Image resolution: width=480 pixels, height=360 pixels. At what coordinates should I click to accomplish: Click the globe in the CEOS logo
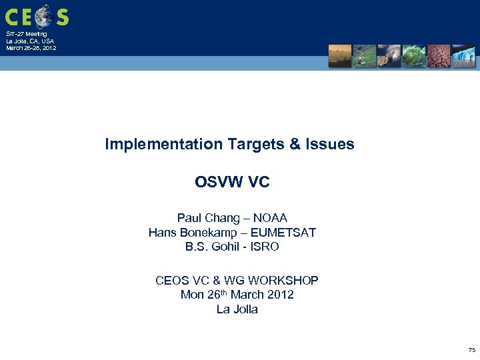tap(44, 16)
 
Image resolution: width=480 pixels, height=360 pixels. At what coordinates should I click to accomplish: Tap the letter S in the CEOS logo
tap(61, 17)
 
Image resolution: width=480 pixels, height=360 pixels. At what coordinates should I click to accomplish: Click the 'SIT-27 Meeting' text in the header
tap(27, 34)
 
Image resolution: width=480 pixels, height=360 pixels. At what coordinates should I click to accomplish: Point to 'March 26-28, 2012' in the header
tap(31, 48)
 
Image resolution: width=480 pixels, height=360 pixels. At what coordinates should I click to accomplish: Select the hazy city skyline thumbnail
tap(339, 56)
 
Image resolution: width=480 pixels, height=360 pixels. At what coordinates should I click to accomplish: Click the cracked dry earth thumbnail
tap(439, 56)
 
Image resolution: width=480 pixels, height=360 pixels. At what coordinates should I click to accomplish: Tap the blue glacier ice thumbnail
tap(463, 56)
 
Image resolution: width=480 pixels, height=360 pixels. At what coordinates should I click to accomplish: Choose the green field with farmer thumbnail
tap(364, 56)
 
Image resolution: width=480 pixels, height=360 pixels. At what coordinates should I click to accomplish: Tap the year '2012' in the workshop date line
tap(279, 295)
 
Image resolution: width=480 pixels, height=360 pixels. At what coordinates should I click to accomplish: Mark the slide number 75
tap(471, 349)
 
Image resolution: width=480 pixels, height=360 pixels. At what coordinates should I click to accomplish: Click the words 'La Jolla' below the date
tap(237, 309)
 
